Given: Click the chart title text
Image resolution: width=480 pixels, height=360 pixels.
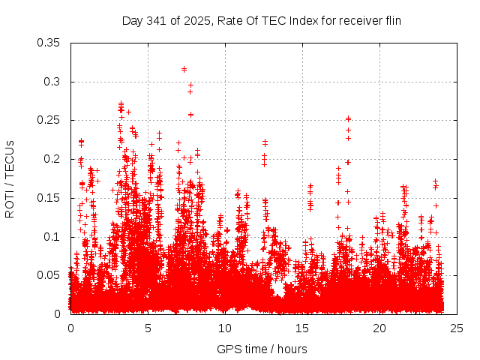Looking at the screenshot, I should tap(262, 21).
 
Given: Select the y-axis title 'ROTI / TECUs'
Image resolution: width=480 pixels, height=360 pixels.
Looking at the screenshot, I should tap(10, 178).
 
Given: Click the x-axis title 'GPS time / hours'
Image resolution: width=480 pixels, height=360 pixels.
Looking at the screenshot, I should tap(262, 349).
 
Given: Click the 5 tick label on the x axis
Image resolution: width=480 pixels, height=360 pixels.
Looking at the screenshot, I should tap(148, 328).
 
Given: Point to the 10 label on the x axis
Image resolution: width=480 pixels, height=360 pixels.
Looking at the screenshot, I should tap(225, 328).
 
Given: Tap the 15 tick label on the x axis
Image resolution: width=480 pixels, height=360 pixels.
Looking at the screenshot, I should tap(302, 328).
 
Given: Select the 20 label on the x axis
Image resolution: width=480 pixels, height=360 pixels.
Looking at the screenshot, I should tap(379, 328).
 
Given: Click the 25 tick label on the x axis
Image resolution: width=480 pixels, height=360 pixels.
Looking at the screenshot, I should tap(457, 328).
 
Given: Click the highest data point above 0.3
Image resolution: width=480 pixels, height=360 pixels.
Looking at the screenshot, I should tap(184, 69).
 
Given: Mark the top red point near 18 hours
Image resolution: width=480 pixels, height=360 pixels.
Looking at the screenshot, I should tap(348, 118).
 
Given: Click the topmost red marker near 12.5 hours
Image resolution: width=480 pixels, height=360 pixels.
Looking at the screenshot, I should tap(265, 142).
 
